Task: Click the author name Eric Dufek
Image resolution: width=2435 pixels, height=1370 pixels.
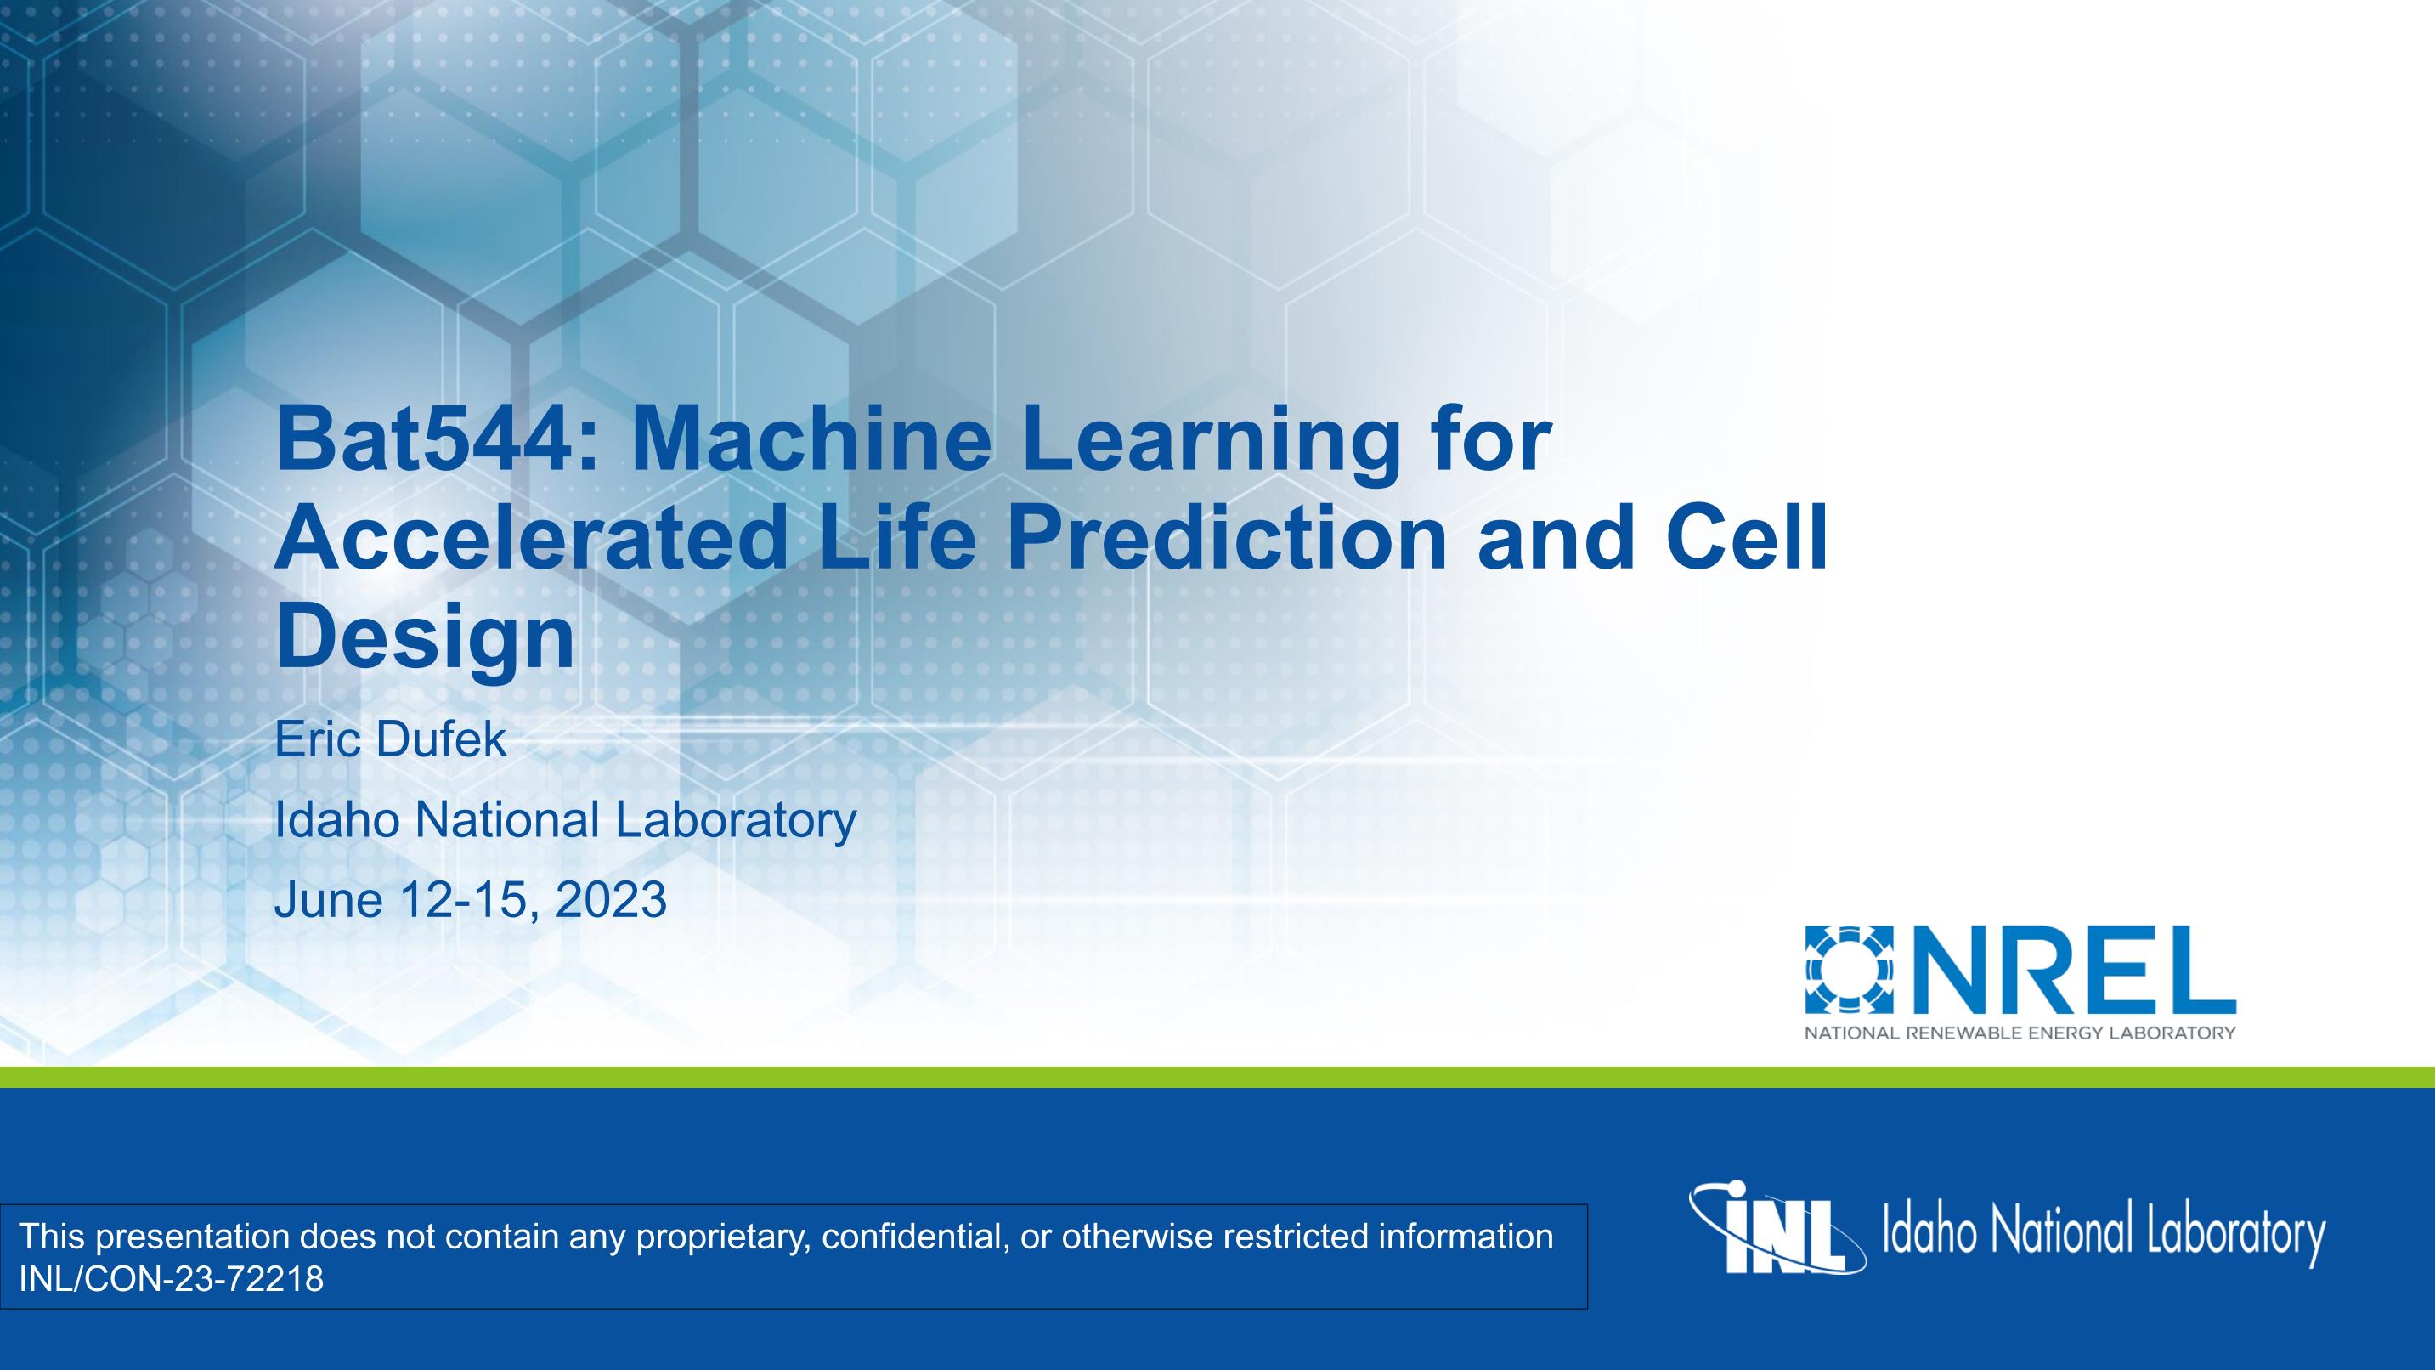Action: [390, 739]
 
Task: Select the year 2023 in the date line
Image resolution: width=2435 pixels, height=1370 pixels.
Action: [611, 899]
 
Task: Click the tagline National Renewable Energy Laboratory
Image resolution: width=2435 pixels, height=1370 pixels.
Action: [2020, 1033]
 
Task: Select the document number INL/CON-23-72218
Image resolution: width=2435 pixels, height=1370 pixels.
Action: [171, 1279]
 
